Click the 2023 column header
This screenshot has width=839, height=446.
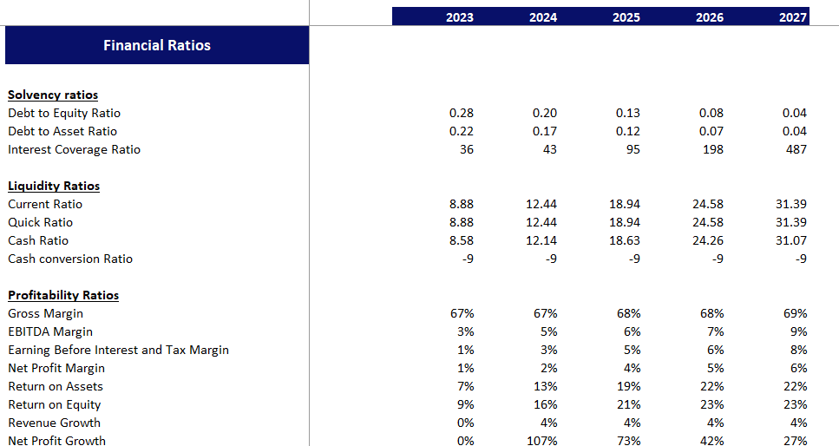coord(459,17)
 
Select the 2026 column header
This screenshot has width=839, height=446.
coord(709,17)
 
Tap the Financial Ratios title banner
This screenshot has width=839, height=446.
coord(157,45)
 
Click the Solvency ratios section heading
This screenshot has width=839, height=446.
coord(53,95)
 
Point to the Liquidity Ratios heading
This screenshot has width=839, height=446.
coord(54,186)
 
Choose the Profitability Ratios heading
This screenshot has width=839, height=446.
coord(63,295)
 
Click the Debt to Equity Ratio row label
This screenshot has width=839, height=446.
coord(64,113)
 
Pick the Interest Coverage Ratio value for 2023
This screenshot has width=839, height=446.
coord(465,149)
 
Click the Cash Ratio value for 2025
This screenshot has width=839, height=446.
coord(625,240)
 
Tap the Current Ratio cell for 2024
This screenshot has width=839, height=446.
coord(541,204)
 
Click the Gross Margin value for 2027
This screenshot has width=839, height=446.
coord(795,313)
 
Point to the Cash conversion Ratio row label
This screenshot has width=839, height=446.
coord(70,259)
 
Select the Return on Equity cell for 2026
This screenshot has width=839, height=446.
coord(711,404)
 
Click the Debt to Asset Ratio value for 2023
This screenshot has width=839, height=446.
coord(462,131)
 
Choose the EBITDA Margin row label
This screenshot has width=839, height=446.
coord(50,331)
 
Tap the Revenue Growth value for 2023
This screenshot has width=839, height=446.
coord(464,423)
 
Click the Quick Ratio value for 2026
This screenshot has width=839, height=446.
coord(708,222)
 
